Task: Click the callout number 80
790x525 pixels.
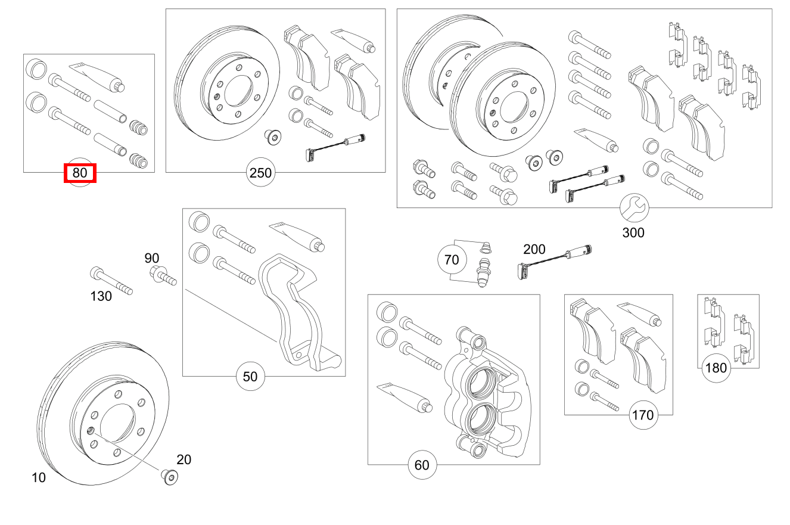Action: [80, 173]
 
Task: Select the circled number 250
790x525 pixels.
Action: [260, 173]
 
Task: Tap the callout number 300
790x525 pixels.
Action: [633, 232]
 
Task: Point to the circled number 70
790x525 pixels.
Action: [452, 260]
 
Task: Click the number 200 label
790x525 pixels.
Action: [534, 249]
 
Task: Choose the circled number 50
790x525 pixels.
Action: [250, 376]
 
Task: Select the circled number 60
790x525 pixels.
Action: [421, 465]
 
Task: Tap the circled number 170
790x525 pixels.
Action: [642, 415]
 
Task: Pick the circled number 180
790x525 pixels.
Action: [716, 368]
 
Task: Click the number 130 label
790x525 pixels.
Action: [101, 296]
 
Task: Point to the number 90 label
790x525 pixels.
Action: [152, 258]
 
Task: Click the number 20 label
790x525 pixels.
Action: [183, 459]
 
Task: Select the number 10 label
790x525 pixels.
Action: [39, 477]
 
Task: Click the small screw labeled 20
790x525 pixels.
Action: [169, 476]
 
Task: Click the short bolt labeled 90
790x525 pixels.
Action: [163, 276]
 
